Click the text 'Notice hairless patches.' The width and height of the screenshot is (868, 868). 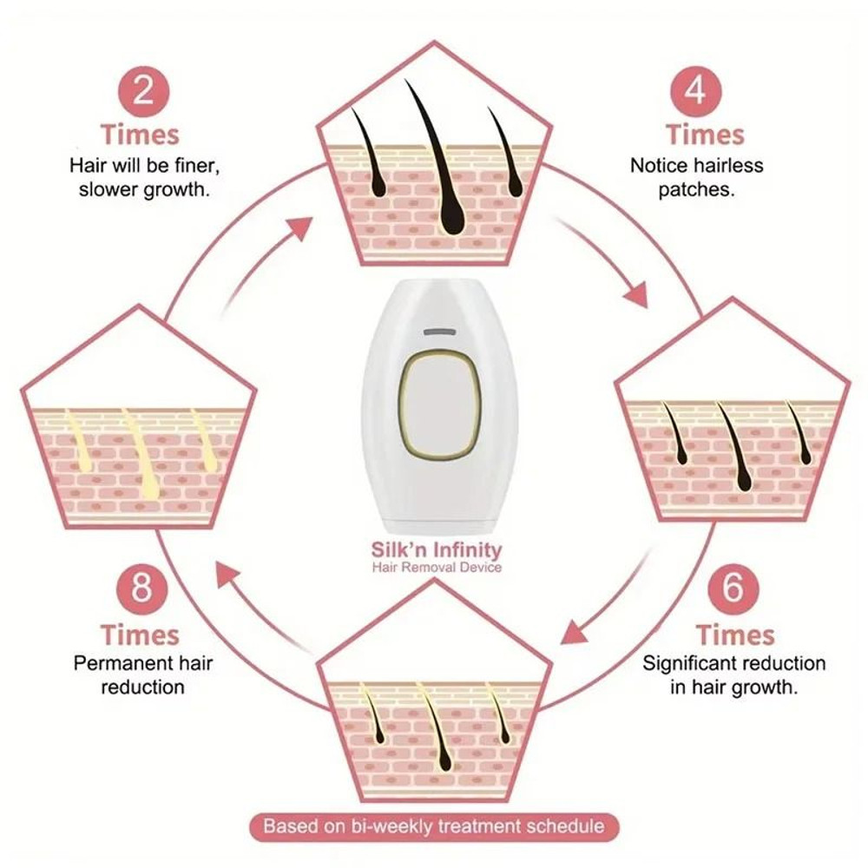pyautogui.click(x=696, y=178)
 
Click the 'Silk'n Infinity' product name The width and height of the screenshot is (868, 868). pyautogui.click(x=437, y=549)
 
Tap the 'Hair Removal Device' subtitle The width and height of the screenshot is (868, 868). pyautogui.click(x=437, y=568)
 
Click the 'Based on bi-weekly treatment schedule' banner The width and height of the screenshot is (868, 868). pyautogui.click(x=433, y=825)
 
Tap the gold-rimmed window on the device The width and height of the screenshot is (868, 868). pyautogui.click(x=440, y=406)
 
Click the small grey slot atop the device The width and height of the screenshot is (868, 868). pyautogui.click(x=439, y=332)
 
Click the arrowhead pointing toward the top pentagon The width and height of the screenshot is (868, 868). pyautogui.click(x=299, y=229)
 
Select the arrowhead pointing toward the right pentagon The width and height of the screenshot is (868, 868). pyautogui.click(x=636, y=295)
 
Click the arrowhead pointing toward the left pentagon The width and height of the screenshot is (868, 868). pyautogui.click(x=227, y=573)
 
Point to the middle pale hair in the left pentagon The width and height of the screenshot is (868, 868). pyautogui.click(x=141, y=456)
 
